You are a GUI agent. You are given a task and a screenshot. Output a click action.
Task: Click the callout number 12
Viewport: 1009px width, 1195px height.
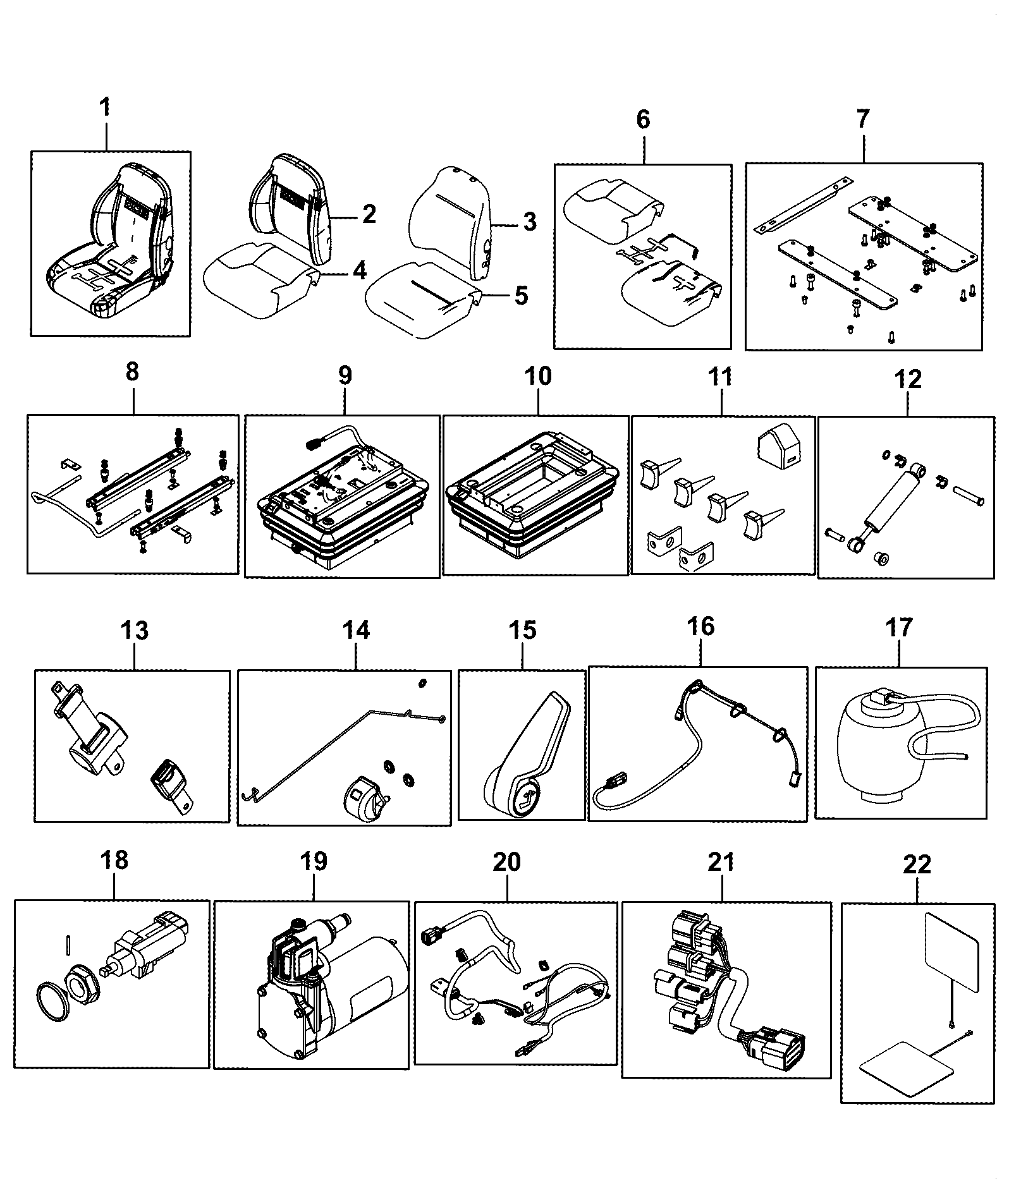908,379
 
